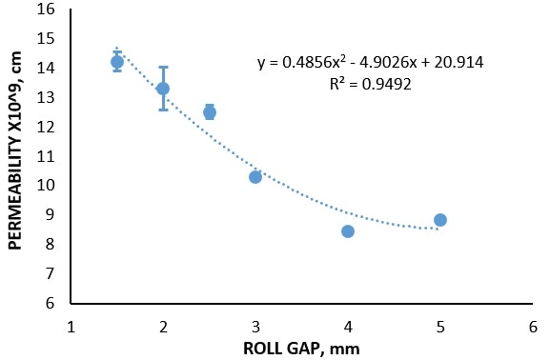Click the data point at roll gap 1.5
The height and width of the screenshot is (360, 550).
117,62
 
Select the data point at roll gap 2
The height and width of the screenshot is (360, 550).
163,89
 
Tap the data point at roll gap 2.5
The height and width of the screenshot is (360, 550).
210,112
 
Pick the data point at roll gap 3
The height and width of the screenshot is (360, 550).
255,177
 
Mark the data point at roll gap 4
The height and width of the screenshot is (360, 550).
348,231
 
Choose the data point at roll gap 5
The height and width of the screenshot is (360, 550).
440,220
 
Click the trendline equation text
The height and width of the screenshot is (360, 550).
370,63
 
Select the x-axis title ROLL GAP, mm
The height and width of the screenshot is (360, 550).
301,348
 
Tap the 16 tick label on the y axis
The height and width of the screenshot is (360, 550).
46,10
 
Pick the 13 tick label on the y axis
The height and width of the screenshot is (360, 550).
46,98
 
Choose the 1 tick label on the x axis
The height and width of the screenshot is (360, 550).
71,326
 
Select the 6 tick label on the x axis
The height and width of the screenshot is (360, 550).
533,326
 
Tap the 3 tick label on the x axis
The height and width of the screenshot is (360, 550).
255,326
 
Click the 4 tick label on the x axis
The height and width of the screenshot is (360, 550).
348,326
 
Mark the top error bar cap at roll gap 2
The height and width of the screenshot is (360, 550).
163,68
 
